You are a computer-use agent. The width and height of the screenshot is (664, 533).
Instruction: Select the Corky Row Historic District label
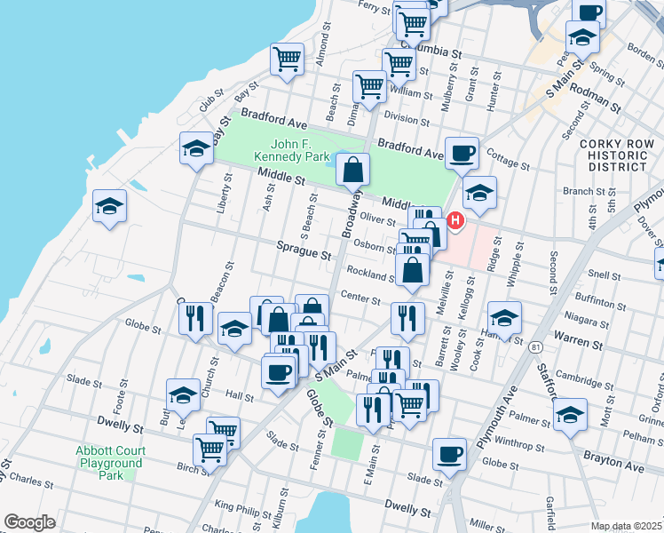pyautogui.click(x=612, y=155)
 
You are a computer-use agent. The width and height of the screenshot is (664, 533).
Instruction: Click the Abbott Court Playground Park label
pyautogui.click(x=110, y=462)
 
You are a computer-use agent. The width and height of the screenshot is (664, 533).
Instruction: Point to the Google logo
pyautogui.click(x=29, y=522)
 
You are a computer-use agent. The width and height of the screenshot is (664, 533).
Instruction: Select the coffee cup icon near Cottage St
pyautogui.click(x=461, y=152)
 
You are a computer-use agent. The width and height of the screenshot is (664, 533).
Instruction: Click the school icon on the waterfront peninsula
pyautogui.click(x=110, y=206)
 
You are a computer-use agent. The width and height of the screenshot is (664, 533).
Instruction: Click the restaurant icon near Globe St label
pyautogui.click(x=197, y=320)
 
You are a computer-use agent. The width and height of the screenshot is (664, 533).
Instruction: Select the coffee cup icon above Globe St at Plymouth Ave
pyautogui.click(x=450, y=454)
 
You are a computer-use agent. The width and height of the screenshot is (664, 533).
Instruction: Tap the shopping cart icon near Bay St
pyautogui.click(x=287, y=59)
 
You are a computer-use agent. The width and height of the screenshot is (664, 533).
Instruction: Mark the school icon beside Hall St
pyautogui.click(x=183, y=396)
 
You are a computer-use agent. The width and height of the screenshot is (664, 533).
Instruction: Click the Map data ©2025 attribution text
pyautogui.click(x=627, y=526)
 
